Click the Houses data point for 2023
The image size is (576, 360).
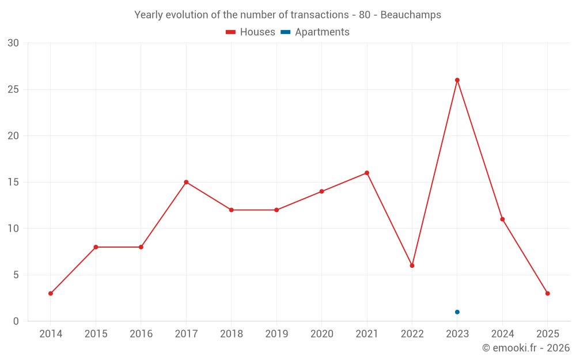point(457,80)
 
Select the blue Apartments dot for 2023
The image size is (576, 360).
point(457,312)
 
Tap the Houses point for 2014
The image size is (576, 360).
point(51,294)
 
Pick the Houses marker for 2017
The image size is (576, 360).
point(186,182)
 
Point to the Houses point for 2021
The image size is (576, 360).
point(367,173)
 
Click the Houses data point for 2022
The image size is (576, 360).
point(412,266)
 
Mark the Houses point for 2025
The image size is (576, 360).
point(548,294)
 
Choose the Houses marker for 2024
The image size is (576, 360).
point(502,219)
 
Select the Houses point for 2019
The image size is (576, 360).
point(276,210)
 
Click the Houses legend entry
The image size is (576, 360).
point(251,32)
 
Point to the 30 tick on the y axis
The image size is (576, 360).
point(13,43)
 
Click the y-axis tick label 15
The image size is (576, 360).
point(13,183)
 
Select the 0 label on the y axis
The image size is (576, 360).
point(16,321)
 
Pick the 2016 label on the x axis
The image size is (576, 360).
point(141,334)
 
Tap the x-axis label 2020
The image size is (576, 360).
point(322,334)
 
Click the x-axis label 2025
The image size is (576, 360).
point(548,334)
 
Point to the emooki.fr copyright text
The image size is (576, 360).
point(526,348)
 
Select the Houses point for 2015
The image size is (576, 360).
point(96,247)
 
